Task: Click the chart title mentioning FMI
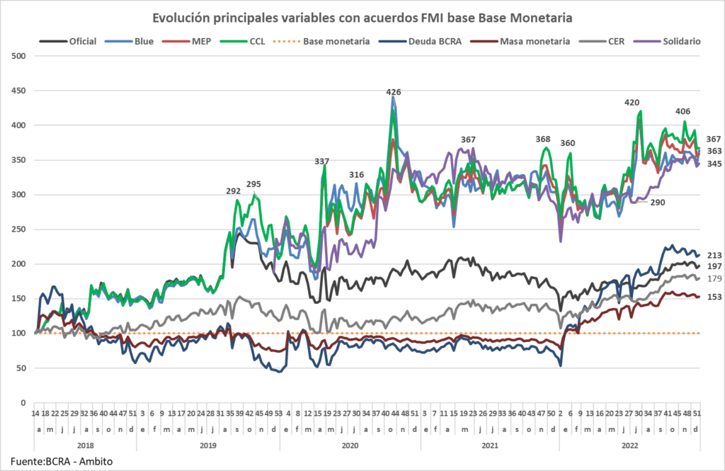pos(362,16)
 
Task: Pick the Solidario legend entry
pos(677,41)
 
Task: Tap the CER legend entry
pos(615,41)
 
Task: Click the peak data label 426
pos(394,92)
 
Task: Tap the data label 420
pos(632,103)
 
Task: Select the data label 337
pos(322,161)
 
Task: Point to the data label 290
pos(658,203)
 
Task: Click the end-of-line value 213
pos(713,255)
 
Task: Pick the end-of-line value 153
pos(713,297)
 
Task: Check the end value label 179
pos(713,278)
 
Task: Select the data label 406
pos(683,111)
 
